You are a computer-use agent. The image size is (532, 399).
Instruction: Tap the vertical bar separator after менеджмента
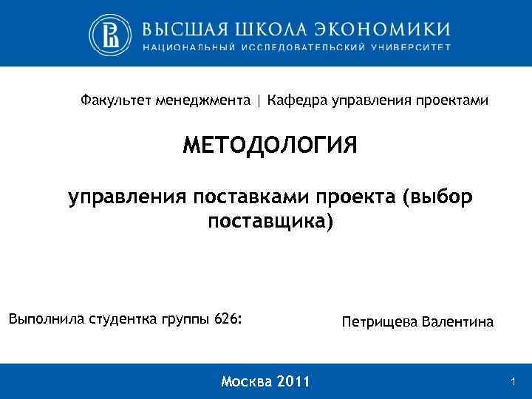coord(259,100)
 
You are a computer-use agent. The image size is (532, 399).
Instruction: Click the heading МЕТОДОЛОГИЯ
coord(270,146)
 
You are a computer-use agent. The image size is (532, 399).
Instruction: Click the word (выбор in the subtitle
coord(437,198)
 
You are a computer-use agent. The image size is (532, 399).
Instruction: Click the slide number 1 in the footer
coord(513,381)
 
